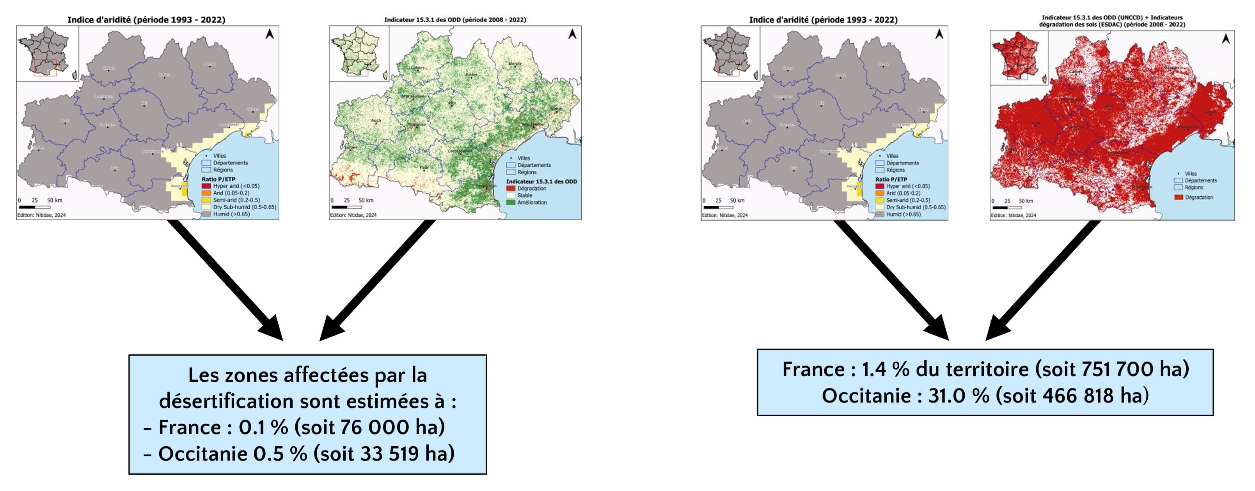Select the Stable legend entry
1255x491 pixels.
(524, 195)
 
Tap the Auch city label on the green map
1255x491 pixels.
(376, 120)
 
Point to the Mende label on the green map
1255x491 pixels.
(515, 64)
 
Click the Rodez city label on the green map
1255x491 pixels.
(471, 75)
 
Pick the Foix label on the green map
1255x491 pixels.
(424, 168)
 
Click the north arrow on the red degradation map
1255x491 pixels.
(1226, 38)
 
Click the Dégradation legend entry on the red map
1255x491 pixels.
(1198, 197)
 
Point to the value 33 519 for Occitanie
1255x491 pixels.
(389, 454)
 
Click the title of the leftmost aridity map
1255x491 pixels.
(146, 20)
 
